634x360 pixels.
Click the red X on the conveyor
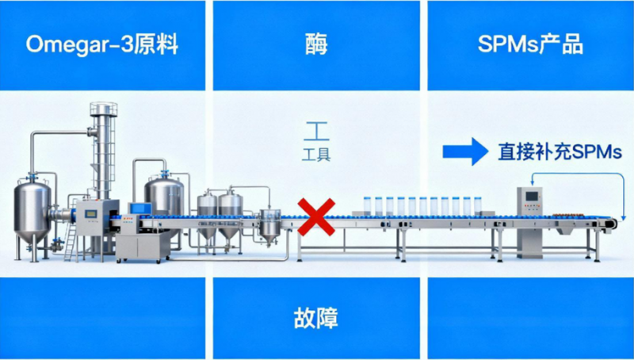coord(314,216)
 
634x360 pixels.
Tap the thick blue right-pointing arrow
coord(464,151)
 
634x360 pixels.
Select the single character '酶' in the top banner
coord(315,45)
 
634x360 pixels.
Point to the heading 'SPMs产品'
coord(530,44)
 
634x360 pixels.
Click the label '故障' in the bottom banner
coord(315,319)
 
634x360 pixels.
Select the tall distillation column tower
coord(101,151)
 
